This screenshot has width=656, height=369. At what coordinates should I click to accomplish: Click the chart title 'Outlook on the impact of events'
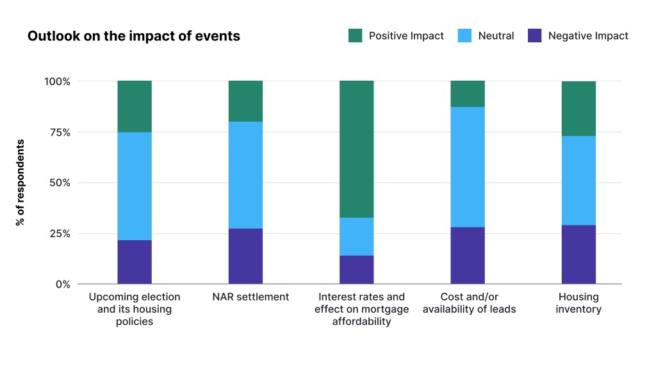click(x=133, y=37)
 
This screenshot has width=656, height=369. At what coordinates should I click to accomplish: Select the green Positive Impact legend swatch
click(x=356, y=36)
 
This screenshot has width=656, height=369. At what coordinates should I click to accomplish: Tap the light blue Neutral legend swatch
click(x=465, y=36)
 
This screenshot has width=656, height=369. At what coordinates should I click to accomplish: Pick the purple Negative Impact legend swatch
click(x=535, y=36)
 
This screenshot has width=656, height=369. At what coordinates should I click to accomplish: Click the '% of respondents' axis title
click(x=20, y=183)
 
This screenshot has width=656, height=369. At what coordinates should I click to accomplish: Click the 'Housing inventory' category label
click(x=578, y=303)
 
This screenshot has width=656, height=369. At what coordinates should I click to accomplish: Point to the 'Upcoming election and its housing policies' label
click(x=135, y=309)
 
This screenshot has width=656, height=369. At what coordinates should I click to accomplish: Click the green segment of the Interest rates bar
click(x=357, y=149)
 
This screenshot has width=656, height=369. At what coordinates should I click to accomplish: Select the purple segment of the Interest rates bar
click(x=357, y=270)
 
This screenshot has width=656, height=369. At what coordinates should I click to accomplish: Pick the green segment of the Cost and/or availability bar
click(x=468, y=94)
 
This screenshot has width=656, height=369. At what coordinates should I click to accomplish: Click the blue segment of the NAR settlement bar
click(x=245, y=175)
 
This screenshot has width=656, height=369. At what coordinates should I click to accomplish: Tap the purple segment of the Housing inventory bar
click(x=578, y=254)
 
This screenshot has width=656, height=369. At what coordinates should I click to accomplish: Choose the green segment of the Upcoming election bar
click(x=135, y=106)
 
